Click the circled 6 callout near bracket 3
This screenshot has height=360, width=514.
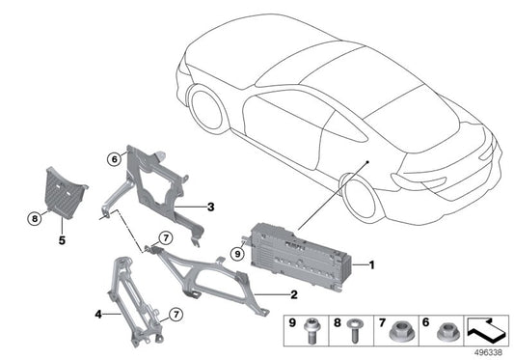[x=114, y=159]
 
